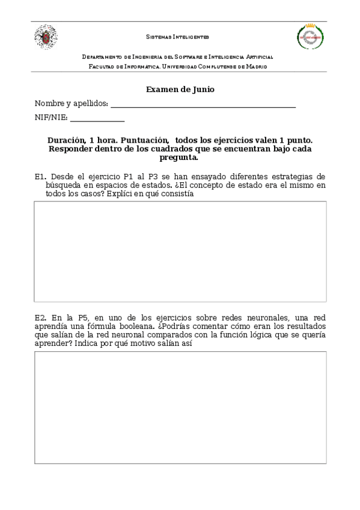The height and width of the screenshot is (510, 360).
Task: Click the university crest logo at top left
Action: (x=46, y=37)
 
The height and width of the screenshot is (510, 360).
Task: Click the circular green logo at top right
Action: (x=311, y=37)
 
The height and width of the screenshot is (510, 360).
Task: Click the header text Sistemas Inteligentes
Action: (x=178, y=37)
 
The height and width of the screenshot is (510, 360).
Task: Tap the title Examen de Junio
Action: (x=180, y=89)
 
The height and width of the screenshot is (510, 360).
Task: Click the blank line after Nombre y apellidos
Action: (x=203, y=105)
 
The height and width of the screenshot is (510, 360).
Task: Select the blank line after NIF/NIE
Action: (x=97, y=118)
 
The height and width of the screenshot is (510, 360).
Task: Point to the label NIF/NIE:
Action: (x=51, y=118)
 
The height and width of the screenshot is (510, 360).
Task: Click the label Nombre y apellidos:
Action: (x=72, y=103)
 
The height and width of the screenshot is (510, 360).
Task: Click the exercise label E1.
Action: (x=40, y=177)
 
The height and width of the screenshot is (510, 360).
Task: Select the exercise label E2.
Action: (x=40, y=317)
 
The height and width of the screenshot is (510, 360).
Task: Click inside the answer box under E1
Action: (x=180, y=251)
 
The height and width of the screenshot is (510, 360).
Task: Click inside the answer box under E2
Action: (x=180, y=407)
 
